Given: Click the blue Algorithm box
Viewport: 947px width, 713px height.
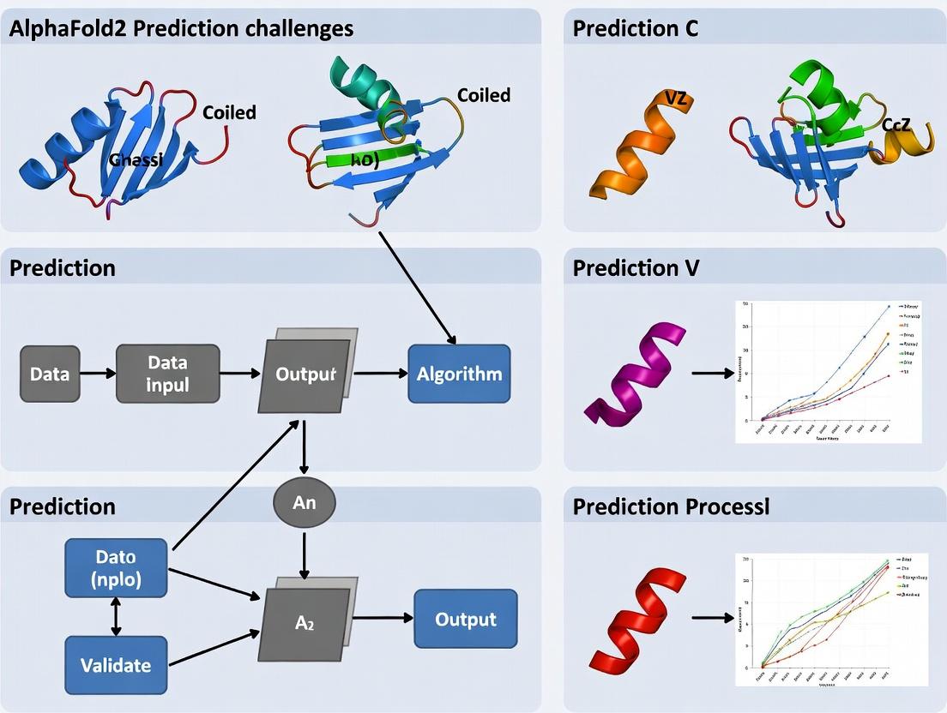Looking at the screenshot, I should [x=459, y=374].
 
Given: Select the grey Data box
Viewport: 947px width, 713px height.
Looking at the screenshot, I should [x=50, y=374].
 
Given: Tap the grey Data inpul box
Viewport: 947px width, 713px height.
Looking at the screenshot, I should [x=167, y=374].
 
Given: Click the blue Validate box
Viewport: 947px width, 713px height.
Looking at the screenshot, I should [x=116, y=664].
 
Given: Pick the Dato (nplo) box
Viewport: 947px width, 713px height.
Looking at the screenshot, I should [x=116, y=567].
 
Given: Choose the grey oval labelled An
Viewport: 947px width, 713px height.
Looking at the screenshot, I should [x=304, y=503].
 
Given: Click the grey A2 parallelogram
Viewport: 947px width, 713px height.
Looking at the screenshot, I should [x=305, y=623].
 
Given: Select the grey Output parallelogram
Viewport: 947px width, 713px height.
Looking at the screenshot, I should [x=305, y=374].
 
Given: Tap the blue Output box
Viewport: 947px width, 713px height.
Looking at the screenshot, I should [x=465, y=619].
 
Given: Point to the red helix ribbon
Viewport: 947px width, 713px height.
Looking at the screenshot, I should [x=636, y=617].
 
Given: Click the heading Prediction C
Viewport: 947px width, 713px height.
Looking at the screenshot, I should [x=635, y=28].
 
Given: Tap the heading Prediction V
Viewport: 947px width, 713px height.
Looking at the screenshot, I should [x=636, y=268].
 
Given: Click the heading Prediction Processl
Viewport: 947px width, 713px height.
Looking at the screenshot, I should [x=671, y=506].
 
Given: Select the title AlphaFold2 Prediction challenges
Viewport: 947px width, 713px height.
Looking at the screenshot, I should [x=181, y=28].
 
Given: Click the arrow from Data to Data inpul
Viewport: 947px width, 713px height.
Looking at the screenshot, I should [x=98, y=374].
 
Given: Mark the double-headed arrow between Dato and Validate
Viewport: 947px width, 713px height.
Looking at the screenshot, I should [x=116, y=617].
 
